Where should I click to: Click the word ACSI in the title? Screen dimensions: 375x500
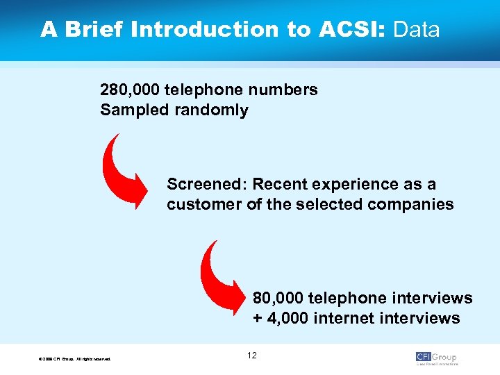(x=345, y=30)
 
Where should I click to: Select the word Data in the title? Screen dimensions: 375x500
(x=417, y=30)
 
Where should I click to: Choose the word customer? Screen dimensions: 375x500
(x=203, y=205)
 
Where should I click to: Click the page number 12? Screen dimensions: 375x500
(x=251, y=356)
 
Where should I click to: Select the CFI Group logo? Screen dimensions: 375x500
(x=437, y=358)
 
